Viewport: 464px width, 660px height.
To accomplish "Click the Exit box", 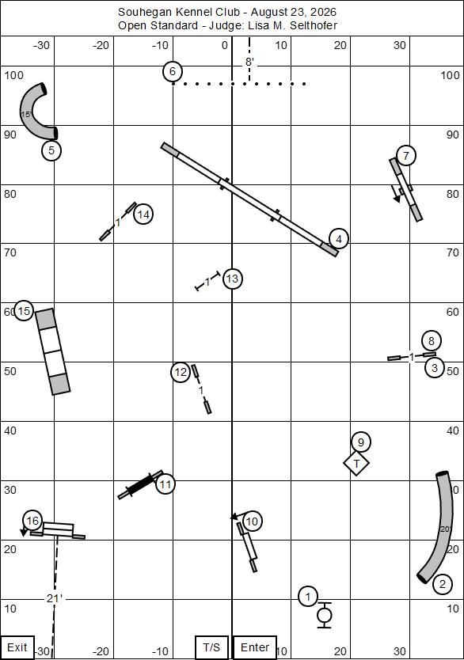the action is click(x=17, y=647).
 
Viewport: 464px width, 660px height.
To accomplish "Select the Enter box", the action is click(x=255, y=647).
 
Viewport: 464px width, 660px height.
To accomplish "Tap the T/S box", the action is click(x=211, y=647).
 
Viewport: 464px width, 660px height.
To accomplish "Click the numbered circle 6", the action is click(x=173, y=71).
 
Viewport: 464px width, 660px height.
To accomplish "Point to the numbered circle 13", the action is click(x=233, y=279).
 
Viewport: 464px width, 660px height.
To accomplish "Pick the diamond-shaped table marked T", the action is click(x=356, y=464).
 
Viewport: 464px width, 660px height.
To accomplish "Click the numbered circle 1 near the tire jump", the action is click(x=308, y=597).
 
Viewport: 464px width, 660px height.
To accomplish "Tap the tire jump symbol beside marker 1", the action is click(x=324, y=616).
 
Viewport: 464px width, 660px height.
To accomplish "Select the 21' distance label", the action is click(x=55, y=598).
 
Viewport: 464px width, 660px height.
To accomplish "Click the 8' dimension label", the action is click(x=249, y=63).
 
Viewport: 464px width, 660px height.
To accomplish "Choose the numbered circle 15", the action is click(x=24, y=311).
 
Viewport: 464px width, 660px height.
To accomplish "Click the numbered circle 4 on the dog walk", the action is click(x=339, y=239).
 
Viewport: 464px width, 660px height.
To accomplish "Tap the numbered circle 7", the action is click(x=406, y=156).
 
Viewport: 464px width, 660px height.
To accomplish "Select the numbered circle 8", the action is click(x=432, y=340).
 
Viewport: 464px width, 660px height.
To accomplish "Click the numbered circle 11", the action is click(x=165, y=484).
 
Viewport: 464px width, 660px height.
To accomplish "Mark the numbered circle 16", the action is click(x=32, y=521).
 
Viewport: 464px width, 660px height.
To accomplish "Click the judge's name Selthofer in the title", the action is click(x=314, y=25).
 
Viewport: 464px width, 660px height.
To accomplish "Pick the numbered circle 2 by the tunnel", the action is click(x=443, y=584).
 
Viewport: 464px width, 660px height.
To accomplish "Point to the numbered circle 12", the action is click(x=181, y=372).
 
